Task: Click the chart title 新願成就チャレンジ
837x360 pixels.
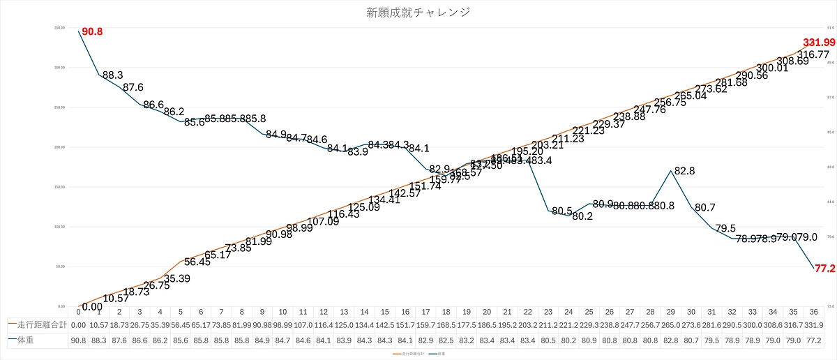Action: [x=418, y=13]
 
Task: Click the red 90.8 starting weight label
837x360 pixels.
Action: [x=92, y=32]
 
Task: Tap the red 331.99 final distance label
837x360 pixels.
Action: [x=819, y=43]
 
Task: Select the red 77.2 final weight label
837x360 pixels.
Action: [x=826, y=268]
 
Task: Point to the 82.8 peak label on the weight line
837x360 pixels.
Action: [x=684, y=170]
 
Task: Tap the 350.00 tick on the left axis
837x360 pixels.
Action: [x=61, y=28]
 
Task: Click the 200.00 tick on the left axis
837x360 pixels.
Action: [x=61, y=147]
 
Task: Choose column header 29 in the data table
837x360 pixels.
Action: [x=670, y=312]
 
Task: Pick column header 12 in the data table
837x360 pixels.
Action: [x=323, y=312]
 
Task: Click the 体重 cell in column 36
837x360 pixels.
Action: [x=813, y=340]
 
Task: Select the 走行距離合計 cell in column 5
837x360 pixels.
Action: [x=180, y=324]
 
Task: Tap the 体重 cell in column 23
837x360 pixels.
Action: [x=548, y=340]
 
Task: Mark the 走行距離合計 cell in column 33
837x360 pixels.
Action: [x=752, y=324]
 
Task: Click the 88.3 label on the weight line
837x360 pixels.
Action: [x=113, y=75]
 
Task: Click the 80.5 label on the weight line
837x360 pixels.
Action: [x=561, y=211]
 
